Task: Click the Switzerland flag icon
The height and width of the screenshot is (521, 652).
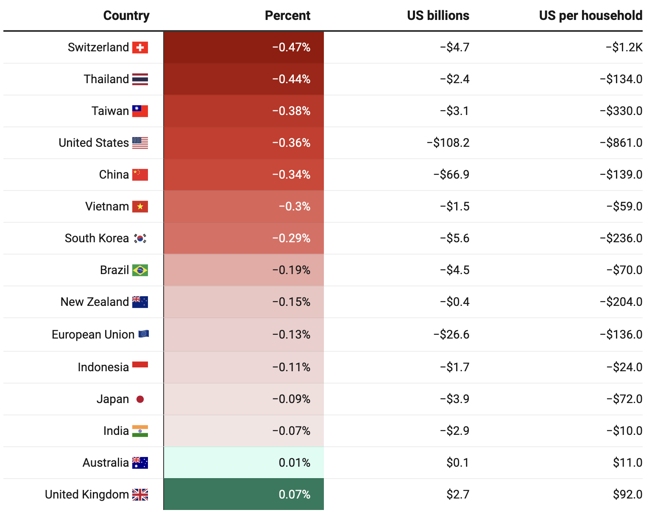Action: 140,48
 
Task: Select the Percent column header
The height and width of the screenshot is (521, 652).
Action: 287,16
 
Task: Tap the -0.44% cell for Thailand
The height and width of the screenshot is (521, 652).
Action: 291,79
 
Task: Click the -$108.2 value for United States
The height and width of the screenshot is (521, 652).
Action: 448,143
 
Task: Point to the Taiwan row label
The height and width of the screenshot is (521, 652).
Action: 110,111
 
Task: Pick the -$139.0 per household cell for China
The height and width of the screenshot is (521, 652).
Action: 621,175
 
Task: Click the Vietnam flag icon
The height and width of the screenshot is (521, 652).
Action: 140,207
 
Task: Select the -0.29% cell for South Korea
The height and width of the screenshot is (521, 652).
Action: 291,238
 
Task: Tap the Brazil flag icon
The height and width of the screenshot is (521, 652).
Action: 140,270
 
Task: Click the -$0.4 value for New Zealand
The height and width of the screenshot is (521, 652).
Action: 455,302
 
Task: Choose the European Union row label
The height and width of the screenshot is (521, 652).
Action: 93,335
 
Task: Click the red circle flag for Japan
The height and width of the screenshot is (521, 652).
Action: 140,399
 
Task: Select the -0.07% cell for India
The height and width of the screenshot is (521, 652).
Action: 291,431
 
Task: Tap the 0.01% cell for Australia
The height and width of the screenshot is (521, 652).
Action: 294,463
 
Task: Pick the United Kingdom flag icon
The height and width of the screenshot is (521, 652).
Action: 140,495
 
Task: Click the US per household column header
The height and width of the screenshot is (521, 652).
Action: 591,16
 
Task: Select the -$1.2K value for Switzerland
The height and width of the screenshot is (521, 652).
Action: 624,48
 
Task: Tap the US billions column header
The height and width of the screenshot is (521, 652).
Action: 438,16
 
